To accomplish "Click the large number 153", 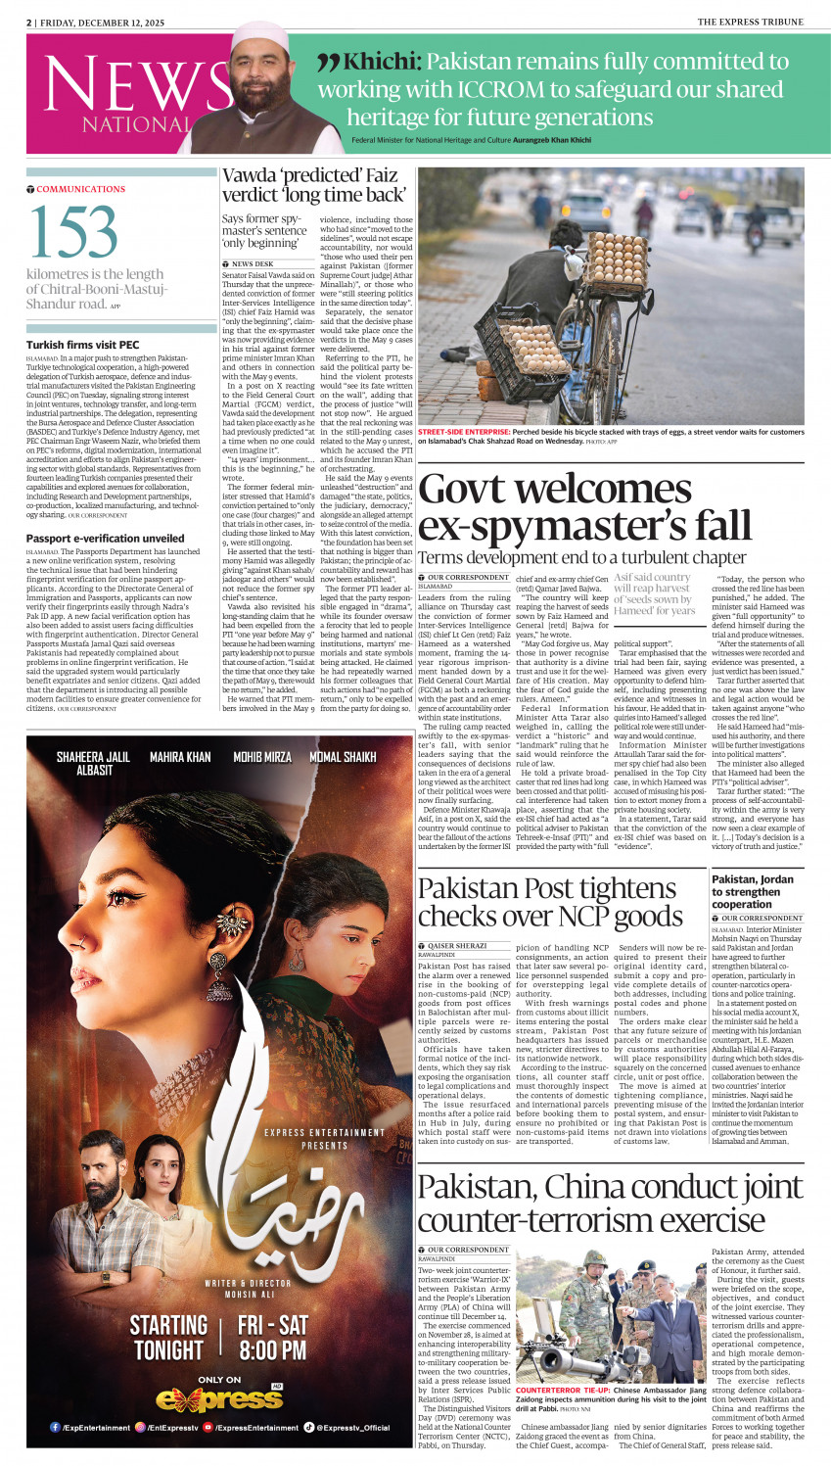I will pos(74,232).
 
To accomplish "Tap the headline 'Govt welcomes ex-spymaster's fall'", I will pos(584,508).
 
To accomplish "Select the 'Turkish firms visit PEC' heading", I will pos(82,345).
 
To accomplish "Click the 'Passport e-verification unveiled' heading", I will pos(105,539).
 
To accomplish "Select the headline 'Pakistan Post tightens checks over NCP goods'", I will pos(549,902).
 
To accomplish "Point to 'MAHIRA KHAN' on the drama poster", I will pos(179,757).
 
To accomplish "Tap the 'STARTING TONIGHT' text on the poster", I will pos(168,1338).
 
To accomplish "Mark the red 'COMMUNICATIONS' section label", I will pos(80,189).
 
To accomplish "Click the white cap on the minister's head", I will pos(257,37).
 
